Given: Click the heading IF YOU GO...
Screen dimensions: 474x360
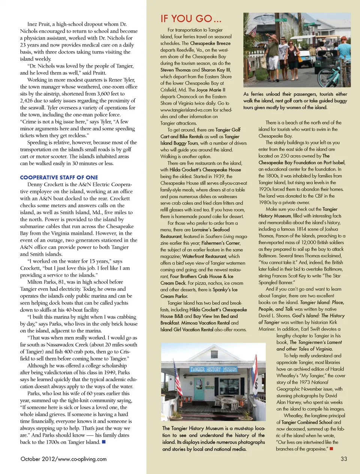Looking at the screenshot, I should click(190, 19).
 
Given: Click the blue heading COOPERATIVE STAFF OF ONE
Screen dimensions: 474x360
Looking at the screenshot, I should click(59, 178).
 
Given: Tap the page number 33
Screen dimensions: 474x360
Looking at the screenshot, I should click(343, 459).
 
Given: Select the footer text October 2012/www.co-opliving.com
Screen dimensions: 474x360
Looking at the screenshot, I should click(63, 459).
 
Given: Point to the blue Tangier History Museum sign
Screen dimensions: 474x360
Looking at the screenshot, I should click(213, 369).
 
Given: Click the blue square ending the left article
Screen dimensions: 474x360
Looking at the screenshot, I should click(104, 442).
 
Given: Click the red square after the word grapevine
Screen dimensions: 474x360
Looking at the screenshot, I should click(331, 448).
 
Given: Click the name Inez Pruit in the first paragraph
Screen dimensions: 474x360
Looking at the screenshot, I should click(39, 24).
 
